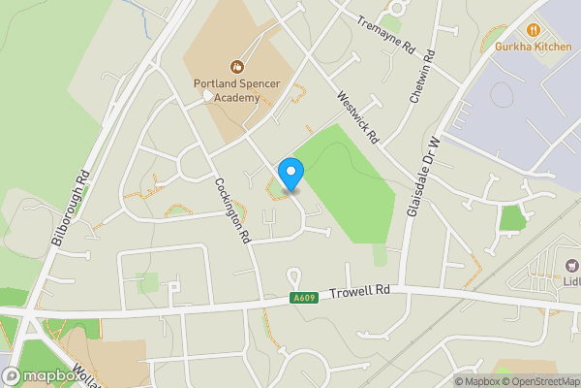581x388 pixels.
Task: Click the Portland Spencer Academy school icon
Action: [x=234, y=67]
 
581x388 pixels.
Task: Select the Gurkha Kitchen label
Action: [x=532, y=46]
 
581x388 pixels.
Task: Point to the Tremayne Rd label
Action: [x=385, y=36]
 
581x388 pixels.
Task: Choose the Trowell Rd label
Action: [x=358, y=291]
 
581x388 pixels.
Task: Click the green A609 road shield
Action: [x=303, y=298]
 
